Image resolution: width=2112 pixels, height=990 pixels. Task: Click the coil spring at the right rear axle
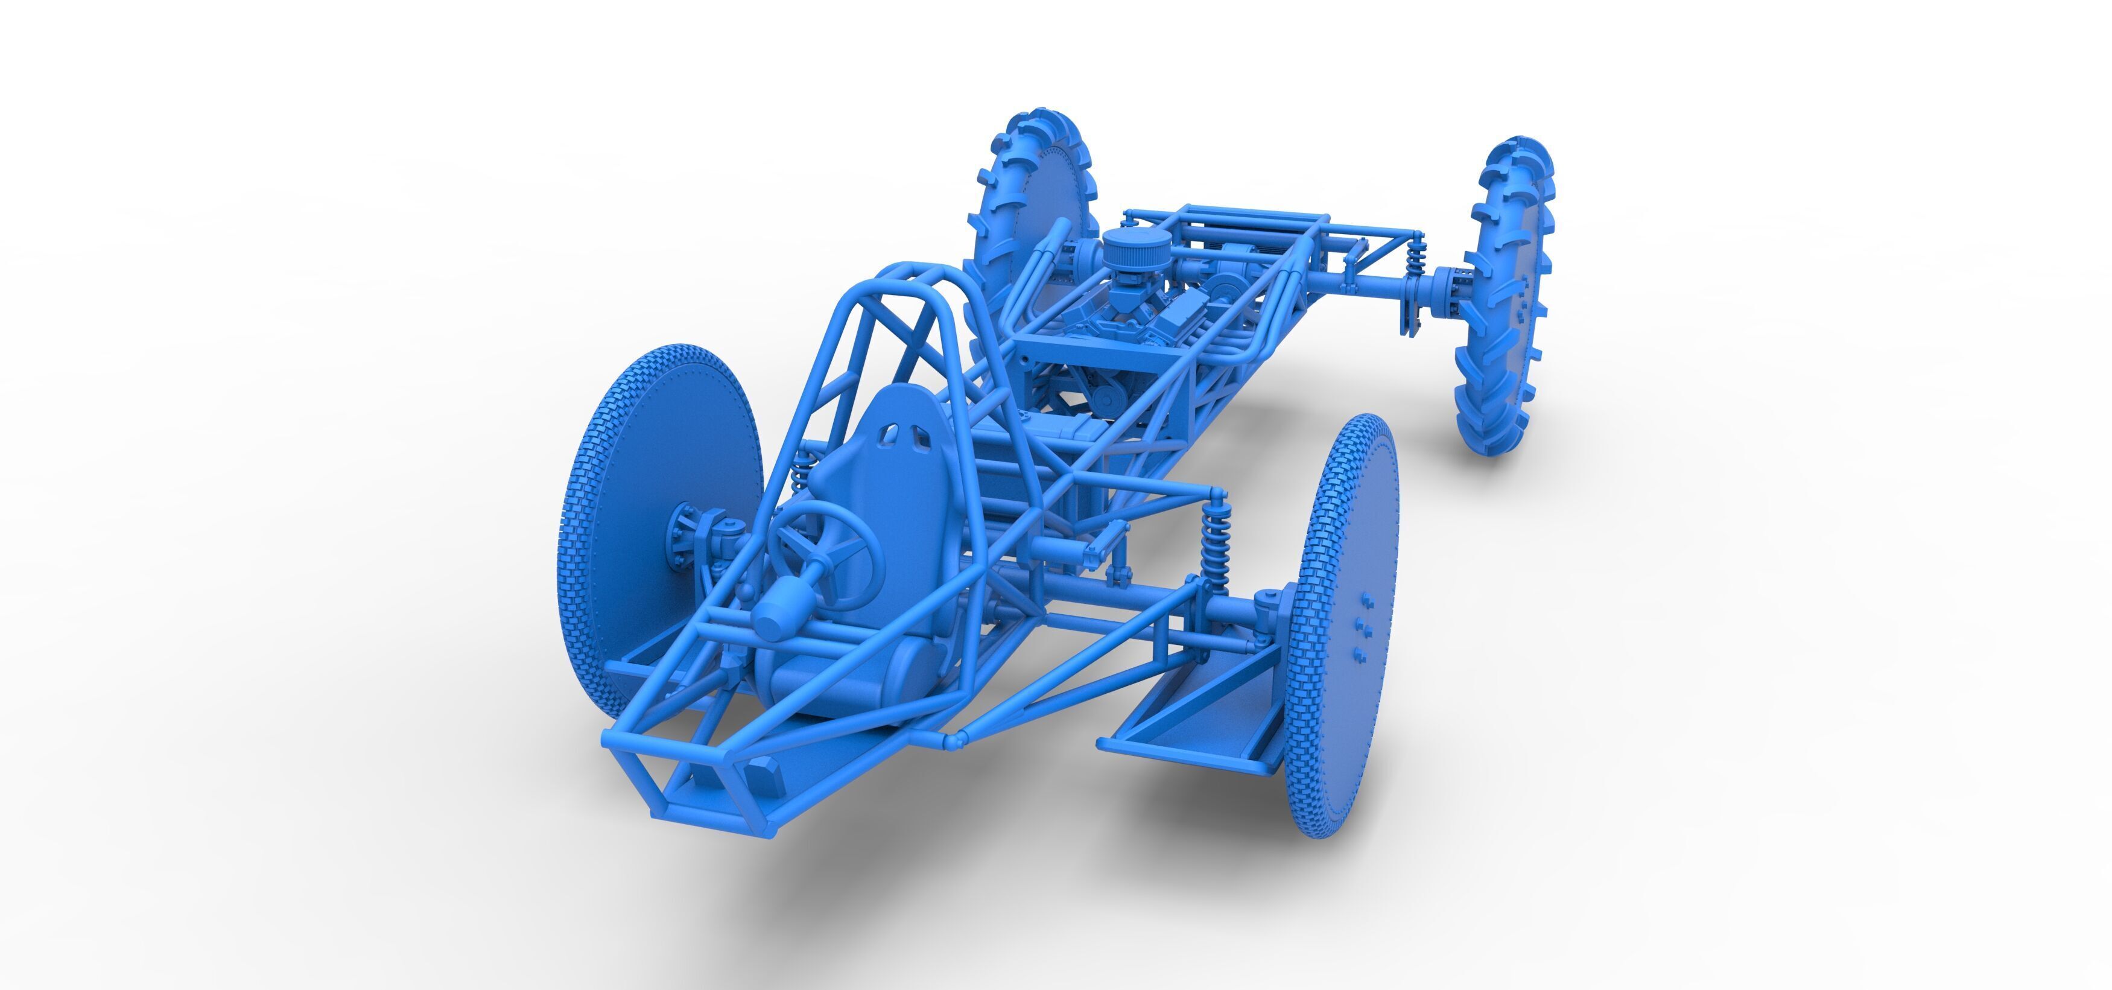click(x=1415, y=260)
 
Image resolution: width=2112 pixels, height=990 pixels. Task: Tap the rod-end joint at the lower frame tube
click(x=955, y=741)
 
